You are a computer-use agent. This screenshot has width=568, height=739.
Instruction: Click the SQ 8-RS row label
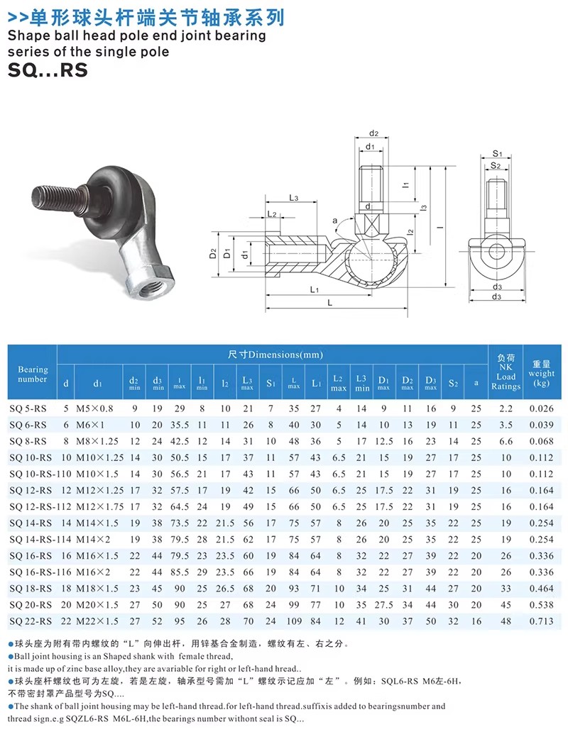tap(28, 442)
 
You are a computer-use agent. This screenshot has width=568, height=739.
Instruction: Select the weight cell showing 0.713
tap(541, 621)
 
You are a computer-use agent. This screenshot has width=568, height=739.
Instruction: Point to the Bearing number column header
tap(33, 374)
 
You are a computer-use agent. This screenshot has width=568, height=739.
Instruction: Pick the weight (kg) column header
tap(541, 373)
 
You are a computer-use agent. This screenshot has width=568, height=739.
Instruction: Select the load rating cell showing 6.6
tap(506, 442)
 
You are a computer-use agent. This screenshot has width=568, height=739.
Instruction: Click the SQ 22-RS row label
tap(31, 621)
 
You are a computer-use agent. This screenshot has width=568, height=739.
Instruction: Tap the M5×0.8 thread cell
tap(94, 409)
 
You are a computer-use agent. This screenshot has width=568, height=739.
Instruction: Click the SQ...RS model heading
tap(48, 70)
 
